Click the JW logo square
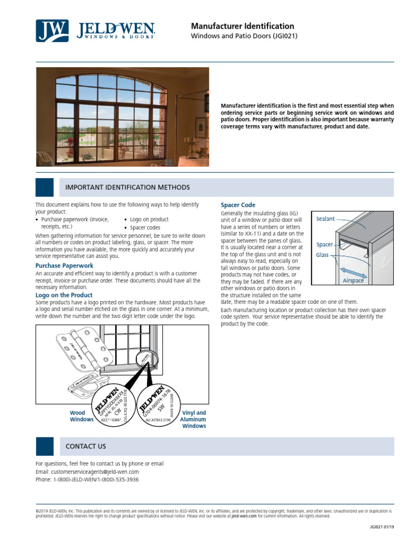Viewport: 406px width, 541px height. [52, 31]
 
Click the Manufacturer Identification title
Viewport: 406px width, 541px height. [242, 26]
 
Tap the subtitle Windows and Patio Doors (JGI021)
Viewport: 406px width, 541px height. [244, 36]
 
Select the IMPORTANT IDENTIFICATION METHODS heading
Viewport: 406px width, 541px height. [127, 188]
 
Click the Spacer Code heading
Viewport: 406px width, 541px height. [237, 205]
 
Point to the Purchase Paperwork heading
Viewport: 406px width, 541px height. [64, 265]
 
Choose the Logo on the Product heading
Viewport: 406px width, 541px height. [64, 295]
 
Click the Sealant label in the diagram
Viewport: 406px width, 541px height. [325, 219]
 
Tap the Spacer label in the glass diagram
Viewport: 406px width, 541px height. [324, 245]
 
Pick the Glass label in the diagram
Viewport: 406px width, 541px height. [322, 255]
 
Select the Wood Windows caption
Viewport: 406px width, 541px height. [81, 416]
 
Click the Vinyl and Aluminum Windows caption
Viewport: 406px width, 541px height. [194, 419]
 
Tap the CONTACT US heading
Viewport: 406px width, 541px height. [86, 446]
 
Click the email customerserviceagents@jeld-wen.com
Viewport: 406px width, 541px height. [95, 472]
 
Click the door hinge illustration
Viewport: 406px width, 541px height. [79, 348]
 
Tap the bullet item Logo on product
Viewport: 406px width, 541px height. [149, 219]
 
